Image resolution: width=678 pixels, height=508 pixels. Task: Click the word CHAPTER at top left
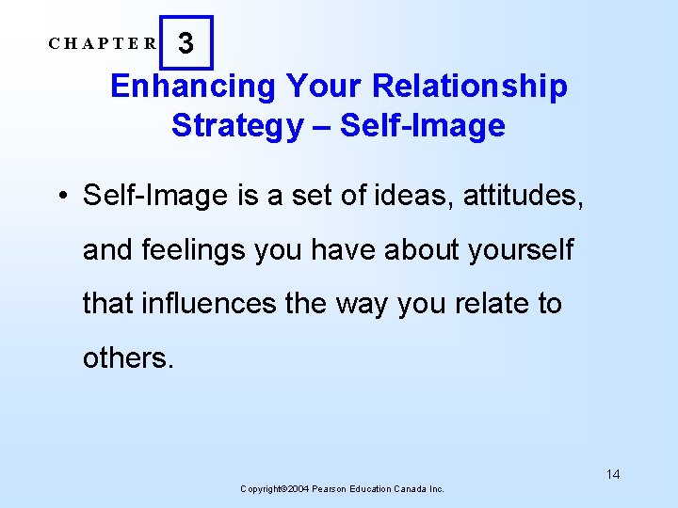(104, 43)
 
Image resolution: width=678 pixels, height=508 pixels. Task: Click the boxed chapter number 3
(186, 43)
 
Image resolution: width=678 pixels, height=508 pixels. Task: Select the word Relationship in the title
(470, 87)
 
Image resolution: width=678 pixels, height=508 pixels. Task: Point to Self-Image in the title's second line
(423, 125)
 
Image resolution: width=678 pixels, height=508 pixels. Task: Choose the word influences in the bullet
(199, 303)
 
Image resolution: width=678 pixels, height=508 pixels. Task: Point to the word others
(128, 357)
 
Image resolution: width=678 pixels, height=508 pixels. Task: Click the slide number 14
(613, 474)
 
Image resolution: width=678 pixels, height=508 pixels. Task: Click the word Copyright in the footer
(262, 489)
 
